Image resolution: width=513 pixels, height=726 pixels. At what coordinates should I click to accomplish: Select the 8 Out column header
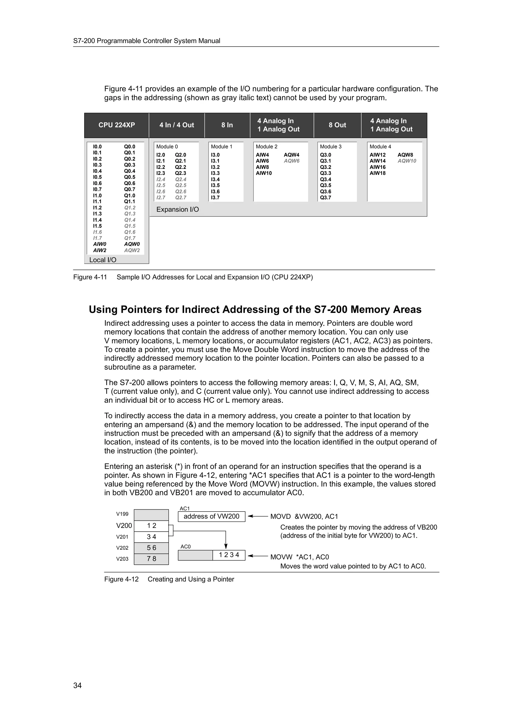pyautogui.click(x=337, y=125)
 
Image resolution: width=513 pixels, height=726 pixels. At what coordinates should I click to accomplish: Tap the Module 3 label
pyautogui.click(x=331, y=147)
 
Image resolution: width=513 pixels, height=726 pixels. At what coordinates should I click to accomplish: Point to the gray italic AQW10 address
pyautogui.click(x=407, y=161)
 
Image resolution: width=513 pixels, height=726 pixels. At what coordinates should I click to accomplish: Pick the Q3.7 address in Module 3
pyautogui.click(x=326, y=198)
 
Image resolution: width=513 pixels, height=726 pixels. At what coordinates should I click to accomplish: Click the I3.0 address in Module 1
pyautogui.click(x=215, y=155)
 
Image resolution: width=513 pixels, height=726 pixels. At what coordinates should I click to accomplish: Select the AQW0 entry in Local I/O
pyautogui.click(x=132, y=244)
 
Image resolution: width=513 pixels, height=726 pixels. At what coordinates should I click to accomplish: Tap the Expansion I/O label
pyautogui.click(x=178, y=209)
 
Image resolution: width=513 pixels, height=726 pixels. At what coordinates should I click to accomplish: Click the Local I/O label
pyautogui.click(x=103, y=260)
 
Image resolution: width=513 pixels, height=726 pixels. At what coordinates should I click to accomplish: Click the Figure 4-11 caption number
pyautogui.click(x=90, y=277)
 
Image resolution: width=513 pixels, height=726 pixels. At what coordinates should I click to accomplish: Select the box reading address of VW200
pyautogui.click(x=211, y=516)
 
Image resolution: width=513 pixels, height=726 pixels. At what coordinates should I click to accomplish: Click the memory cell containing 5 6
pyautogui.click(x=151, y=548)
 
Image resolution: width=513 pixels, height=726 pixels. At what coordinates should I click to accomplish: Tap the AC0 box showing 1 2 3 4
pyautogui.click(x=229, y=555)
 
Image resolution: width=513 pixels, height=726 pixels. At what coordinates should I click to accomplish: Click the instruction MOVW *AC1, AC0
pyautogui.click(x=299, y=557)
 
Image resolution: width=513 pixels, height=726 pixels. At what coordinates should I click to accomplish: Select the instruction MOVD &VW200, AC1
pyautogui.click(x=304, y=516)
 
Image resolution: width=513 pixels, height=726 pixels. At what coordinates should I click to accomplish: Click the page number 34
pyautogui.click(x=77, y=685)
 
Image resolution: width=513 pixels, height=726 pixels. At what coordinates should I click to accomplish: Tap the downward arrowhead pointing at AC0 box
pyautogui.click(x=226, y=546)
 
